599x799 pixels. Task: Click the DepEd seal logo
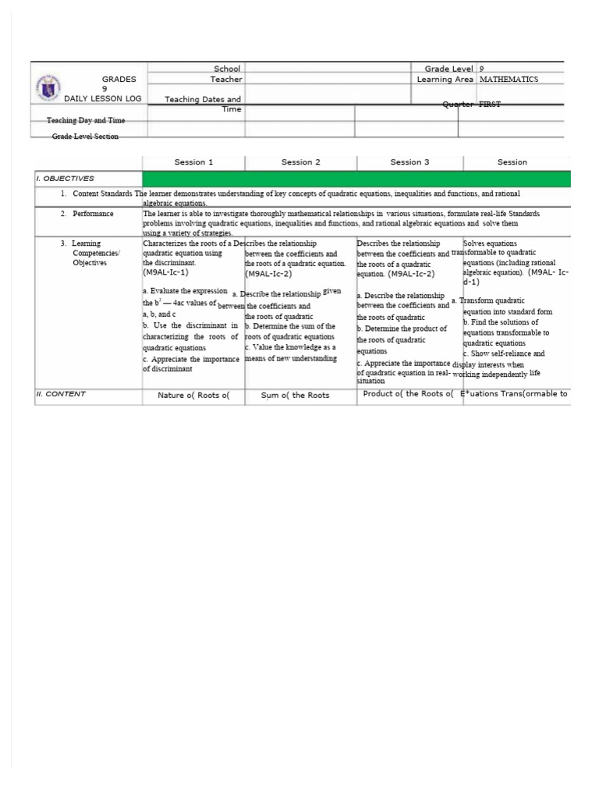point(48,87)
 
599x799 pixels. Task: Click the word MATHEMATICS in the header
point(509,80)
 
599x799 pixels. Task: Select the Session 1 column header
point(193,162)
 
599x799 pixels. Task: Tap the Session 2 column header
point(301,162)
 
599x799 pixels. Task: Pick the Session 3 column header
point(409,162)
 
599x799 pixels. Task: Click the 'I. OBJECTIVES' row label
point(66,179)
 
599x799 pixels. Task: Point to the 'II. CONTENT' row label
point(61,394)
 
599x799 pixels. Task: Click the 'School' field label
point(227,69)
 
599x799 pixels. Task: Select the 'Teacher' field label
point(225,80)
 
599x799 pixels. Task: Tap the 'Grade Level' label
point(448,69)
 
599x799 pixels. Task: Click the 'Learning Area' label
point(445,80)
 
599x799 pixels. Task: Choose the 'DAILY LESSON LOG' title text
point(103,99)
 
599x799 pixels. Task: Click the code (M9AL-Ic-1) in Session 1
point(165,272)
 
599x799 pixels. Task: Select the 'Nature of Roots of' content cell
point(193,396)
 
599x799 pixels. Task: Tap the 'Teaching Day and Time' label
point(86,121)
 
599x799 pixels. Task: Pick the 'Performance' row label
point(93,213)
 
